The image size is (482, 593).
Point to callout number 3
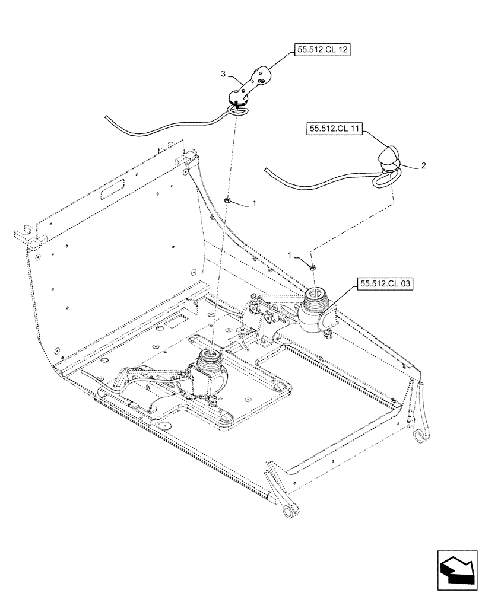pos(223,74)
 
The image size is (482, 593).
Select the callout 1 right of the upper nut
pos(254,203)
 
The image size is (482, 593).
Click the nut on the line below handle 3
pos(227,202)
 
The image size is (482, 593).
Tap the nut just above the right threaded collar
pos(313,268)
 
